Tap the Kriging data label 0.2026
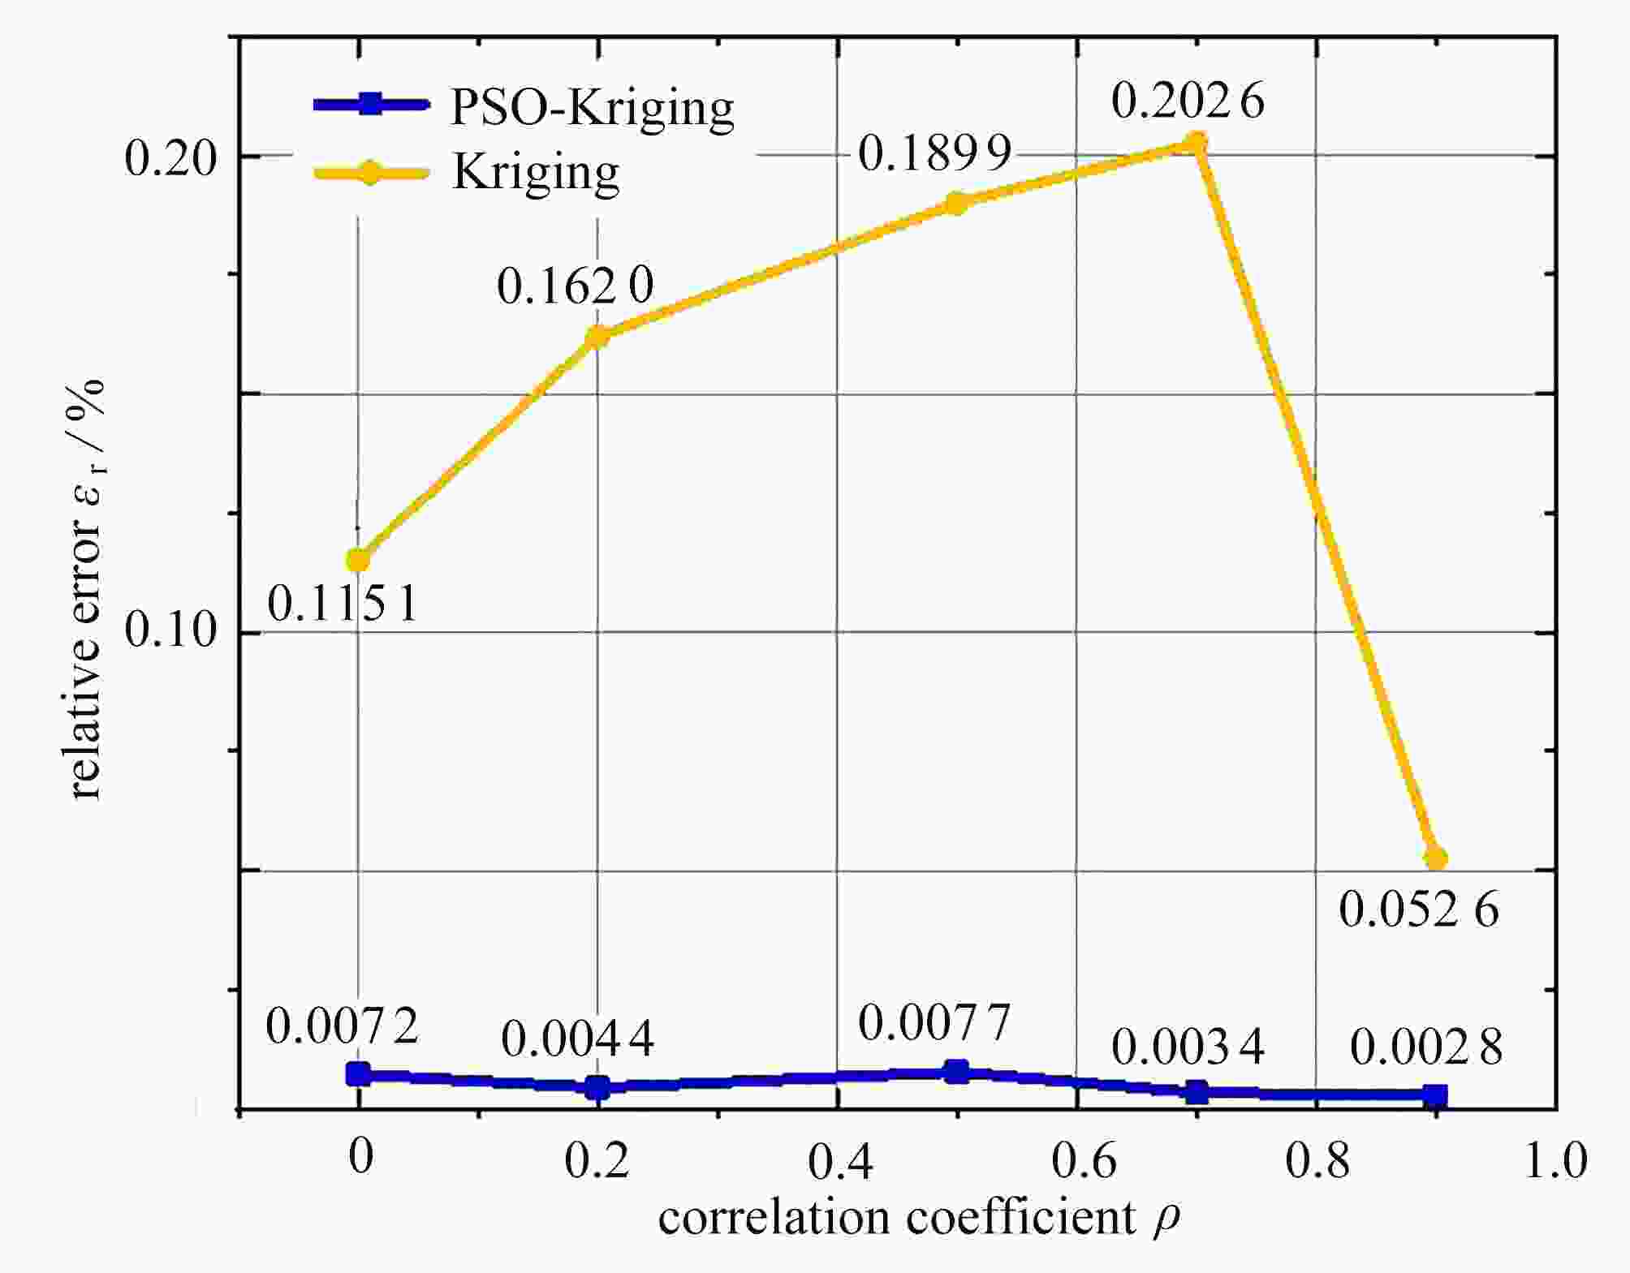coord(1187,101)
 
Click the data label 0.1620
coord(575,286)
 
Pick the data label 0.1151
coord(343,604)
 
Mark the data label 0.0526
coord(1418,910)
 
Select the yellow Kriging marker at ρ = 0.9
coord(1435,858)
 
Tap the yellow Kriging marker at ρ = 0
coord(358,560)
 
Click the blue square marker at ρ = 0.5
coord(958,1072)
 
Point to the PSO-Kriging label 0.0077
coord(934,1022)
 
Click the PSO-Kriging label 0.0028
coord(1426,1047)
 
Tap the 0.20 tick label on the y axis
coord(171,157)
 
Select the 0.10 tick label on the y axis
coord(171,630)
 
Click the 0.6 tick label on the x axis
coord(1084,1161)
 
